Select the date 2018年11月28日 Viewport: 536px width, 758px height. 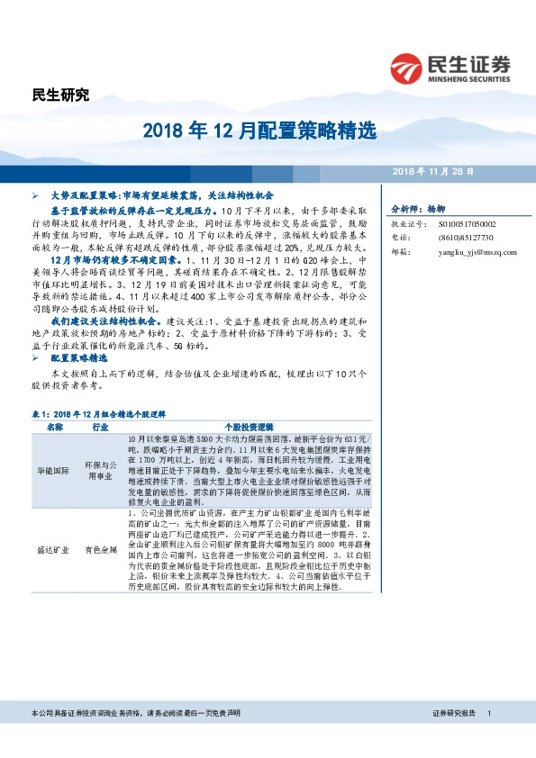[434, 170]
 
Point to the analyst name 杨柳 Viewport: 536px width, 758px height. [436, 206]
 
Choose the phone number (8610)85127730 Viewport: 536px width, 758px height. [461, 238]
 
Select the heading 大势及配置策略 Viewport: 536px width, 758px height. [86, 194]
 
